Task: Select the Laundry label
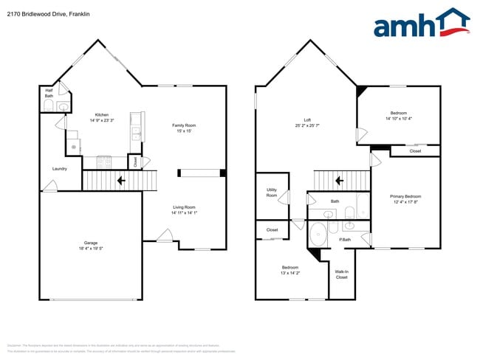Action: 60,169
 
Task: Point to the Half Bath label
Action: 49,94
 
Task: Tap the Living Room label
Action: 184,209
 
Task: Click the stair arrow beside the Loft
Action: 337,179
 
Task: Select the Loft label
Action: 307,121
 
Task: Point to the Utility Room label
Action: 271,192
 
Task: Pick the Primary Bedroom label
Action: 404,198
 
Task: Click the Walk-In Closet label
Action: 341,274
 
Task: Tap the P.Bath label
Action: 344,239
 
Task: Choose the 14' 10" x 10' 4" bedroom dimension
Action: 398,119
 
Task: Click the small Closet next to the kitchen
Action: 134,161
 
